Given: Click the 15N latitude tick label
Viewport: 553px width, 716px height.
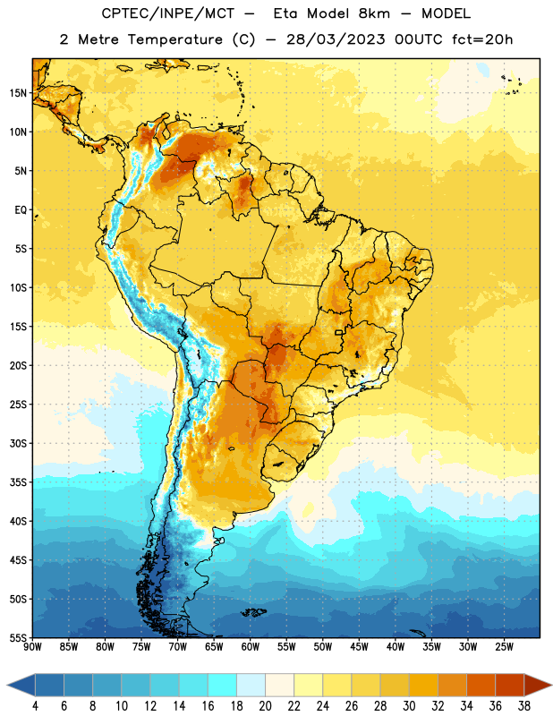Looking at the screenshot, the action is (18, 93).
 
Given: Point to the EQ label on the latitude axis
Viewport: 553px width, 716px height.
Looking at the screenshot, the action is (21, 210).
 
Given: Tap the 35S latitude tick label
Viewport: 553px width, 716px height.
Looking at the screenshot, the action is (18, 482).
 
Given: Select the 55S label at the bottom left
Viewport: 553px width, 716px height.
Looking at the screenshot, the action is (18, 638).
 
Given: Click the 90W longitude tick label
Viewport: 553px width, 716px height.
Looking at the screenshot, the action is (32, 646).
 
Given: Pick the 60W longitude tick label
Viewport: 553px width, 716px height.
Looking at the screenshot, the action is (251, 646).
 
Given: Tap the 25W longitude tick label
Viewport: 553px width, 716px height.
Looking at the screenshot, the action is (504, 646).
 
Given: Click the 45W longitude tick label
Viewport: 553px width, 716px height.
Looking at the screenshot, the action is (359, 646).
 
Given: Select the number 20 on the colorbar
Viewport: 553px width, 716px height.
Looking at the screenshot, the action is (265, 706).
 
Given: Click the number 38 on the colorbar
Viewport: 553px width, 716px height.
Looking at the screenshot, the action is (524, 706).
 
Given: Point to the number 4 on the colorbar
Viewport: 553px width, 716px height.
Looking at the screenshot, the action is (35, 706).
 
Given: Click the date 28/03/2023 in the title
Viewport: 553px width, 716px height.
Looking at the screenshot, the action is (336, 39).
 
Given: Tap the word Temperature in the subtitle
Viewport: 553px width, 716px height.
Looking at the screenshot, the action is (174, 39).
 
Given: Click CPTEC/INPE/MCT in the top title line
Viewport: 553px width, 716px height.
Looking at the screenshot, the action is (167, 13).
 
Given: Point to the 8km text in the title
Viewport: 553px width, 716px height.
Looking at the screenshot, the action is (374, 13).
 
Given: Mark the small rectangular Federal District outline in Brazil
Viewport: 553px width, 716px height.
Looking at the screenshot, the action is (339, 332).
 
